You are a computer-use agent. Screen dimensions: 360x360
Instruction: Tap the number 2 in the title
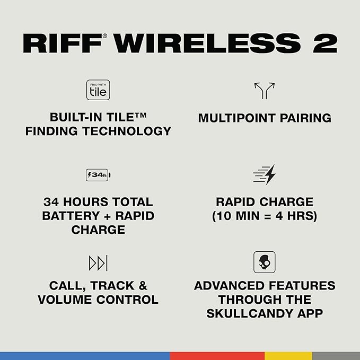[324, 43]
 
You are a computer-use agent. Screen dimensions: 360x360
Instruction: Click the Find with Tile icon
[98, 90]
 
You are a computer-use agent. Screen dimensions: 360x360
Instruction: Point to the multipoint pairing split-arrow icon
[264, 91]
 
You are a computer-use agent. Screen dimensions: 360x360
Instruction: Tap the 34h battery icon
[98, 175]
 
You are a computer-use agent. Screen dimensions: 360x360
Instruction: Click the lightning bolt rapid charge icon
[265, 174]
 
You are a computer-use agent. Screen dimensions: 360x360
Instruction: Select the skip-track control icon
[98, 262]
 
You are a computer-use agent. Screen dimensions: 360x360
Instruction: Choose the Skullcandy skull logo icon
[264, 262]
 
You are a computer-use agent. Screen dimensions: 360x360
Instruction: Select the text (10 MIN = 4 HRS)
[264, 216]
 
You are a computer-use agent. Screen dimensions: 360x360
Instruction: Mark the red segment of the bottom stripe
[217, 356]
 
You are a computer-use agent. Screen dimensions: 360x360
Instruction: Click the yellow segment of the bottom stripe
[288, 356]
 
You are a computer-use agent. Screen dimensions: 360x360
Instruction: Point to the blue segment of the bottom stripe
[85, 356]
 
